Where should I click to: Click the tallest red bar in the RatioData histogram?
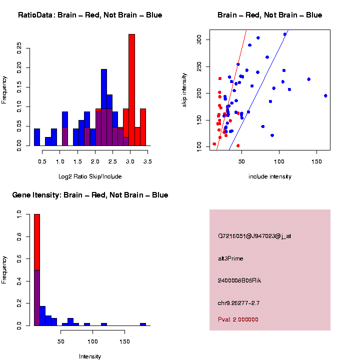[x=132, y=90]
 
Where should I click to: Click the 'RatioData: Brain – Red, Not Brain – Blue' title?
[x=90, y=15]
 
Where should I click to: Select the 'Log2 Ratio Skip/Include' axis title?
[x=90, y=176]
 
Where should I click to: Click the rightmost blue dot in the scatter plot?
[x=325, y=95]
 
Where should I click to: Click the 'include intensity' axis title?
[x=270, y=176]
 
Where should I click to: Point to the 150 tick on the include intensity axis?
[x=316, y=161]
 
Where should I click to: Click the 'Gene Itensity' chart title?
[x=90, y=195]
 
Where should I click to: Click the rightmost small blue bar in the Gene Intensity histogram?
[x=143, y=324]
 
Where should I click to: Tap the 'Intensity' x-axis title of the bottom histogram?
[x=90, y=356]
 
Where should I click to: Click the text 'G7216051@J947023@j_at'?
[x=254, y=236]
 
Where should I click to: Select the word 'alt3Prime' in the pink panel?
[x=230, y=258]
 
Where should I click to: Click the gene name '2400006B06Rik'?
[x=239, y=280]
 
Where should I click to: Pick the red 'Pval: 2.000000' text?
[x=238, y=319]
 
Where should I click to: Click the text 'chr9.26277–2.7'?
[x=238, y=303]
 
